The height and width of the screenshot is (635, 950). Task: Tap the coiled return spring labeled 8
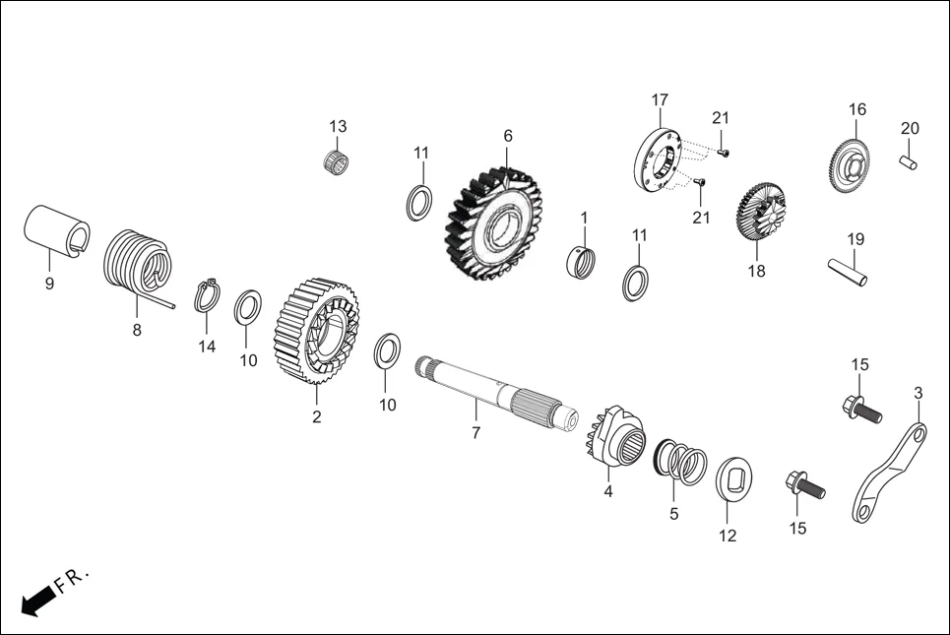138,264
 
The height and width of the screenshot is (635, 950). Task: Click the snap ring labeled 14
207,294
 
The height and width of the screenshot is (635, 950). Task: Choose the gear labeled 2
315,330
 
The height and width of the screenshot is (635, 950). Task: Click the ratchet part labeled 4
615,442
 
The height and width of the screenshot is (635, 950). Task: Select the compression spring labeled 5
680,461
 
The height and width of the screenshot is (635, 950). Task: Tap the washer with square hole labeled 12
734,479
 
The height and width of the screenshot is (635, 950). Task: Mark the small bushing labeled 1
583,262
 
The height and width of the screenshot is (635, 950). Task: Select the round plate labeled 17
660,157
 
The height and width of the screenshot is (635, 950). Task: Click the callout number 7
475,433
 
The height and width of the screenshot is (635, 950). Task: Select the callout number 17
660,99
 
